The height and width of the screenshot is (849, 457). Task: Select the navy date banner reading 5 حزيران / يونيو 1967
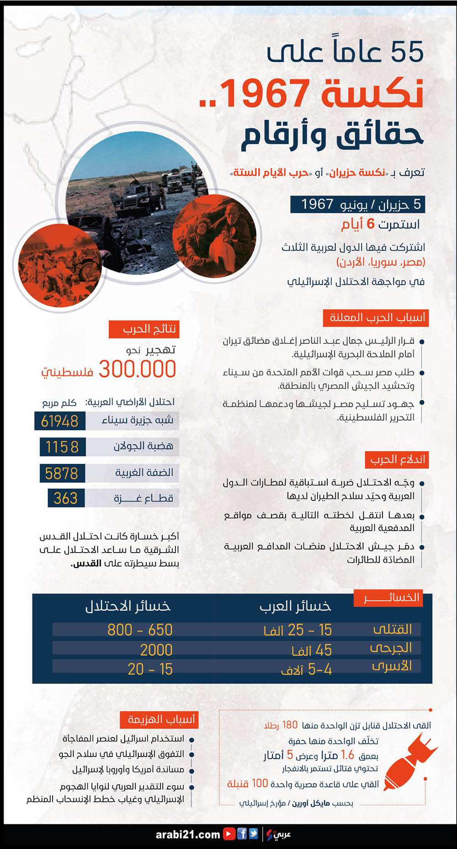[x=358, y=204]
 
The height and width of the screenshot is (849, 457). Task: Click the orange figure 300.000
[x=137, y=369]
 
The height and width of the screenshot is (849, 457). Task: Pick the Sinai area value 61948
[x=59, y=421]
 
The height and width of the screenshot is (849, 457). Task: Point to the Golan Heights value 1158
[x=62, y=446]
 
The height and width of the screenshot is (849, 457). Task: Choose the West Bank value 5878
[x=61, y=473]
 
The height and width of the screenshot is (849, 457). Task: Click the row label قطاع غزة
[x=143, y=498]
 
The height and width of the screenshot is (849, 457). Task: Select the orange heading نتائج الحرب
[x=143, y=329]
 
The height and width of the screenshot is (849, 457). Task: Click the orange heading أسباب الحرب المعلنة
[x=376, y=317]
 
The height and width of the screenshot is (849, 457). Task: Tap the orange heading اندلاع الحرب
[x=397, y=459]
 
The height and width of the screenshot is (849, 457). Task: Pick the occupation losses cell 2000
[x=156, y=650]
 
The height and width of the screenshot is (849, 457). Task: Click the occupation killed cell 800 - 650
[x=140, y=630]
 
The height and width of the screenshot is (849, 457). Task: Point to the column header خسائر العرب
[x=295, y=606]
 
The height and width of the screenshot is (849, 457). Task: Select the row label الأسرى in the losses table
[x=392, y=666]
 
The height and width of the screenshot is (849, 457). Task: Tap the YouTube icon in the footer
[x=228, y=834]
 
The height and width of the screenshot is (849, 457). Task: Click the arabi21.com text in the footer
[x=188, y=834]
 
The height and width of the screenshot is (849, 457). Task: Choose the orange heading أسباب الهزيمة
[x=160, y=719]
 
